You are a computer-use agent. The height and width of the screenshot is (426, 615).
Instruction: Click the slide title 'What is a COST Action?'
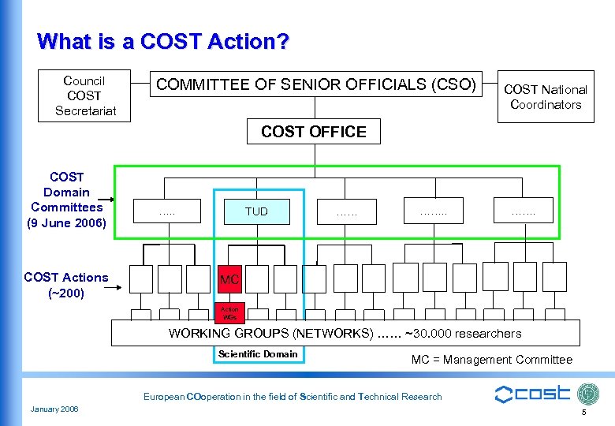tap(162, 41)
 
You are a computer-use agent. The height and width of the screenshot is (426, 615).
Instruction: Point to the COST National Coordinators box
tap(546, 97)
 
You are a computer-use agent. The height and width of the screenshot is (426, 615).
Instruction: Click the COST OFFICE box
tap(313, 132)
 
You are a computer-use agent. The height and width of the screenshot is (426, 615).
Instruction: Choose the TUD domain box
tap(256, 211)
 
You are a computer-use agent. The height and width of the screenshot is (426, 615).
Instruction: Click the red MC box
tap(229, 280)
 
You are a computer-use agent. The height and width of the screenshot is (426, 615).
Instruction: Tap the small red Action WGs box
tap(229, 313)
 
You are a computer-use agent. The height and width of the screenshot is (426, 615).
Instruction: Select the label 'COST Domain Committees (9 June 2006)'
tap(67, 200)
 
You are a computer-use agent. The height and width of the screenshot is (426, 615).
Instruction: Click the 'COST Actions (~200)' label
tap(66, 285)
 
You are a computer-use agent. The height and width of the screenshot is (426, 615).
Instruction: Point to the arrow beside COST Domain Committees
tap(114, 200)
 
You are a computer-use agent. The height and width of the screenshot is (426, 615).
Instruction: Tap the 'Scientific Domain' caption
tap(258, 354)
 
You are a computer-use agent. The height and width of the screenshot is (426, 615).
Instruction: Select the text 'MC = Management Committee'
tap(491, 360)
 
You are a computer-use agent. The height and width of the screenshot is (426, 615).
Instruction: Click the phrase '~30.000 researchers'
tap(463, 334)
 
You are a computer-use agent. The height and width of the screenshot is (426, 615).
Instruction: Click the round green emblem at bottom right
tap(588, 394)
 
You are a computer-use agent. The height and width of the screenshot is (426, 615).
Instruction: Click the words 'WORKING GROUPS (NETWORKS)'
tap(270, 334)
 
